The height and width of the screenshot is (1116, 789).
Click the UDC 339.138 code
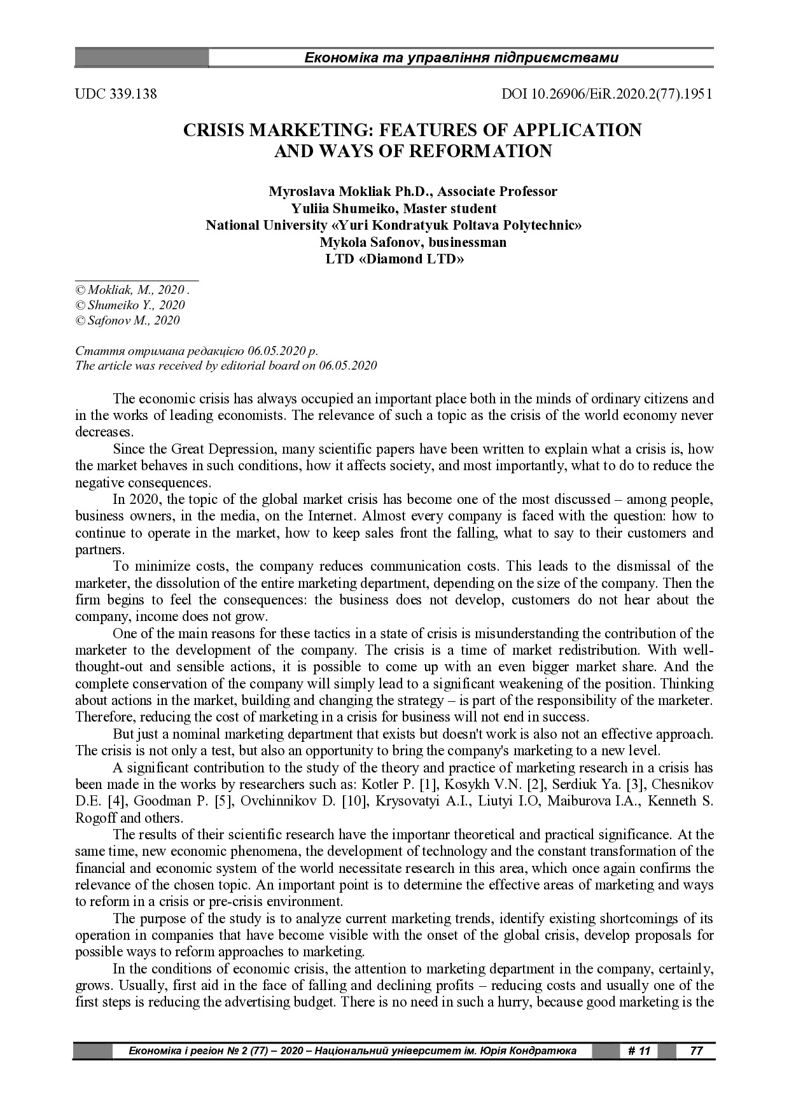116,94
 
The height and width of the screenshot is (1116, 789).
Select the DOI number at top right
607,94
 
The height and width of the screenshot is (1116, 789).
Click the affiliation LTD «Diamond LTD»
394,259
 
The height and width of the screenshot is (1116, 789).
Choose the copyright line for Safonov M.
127,321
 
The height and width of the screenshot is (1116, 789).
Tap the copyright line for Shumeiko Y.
130,305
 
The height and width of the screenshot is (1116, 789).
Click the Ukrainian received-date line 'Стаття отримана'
197,351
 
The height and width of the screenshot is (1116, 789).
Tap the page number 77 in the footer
696,1050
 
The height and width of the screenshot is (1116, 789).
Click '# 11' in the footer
638,1050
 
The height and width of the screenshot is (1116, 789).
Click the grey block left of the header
141,59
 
